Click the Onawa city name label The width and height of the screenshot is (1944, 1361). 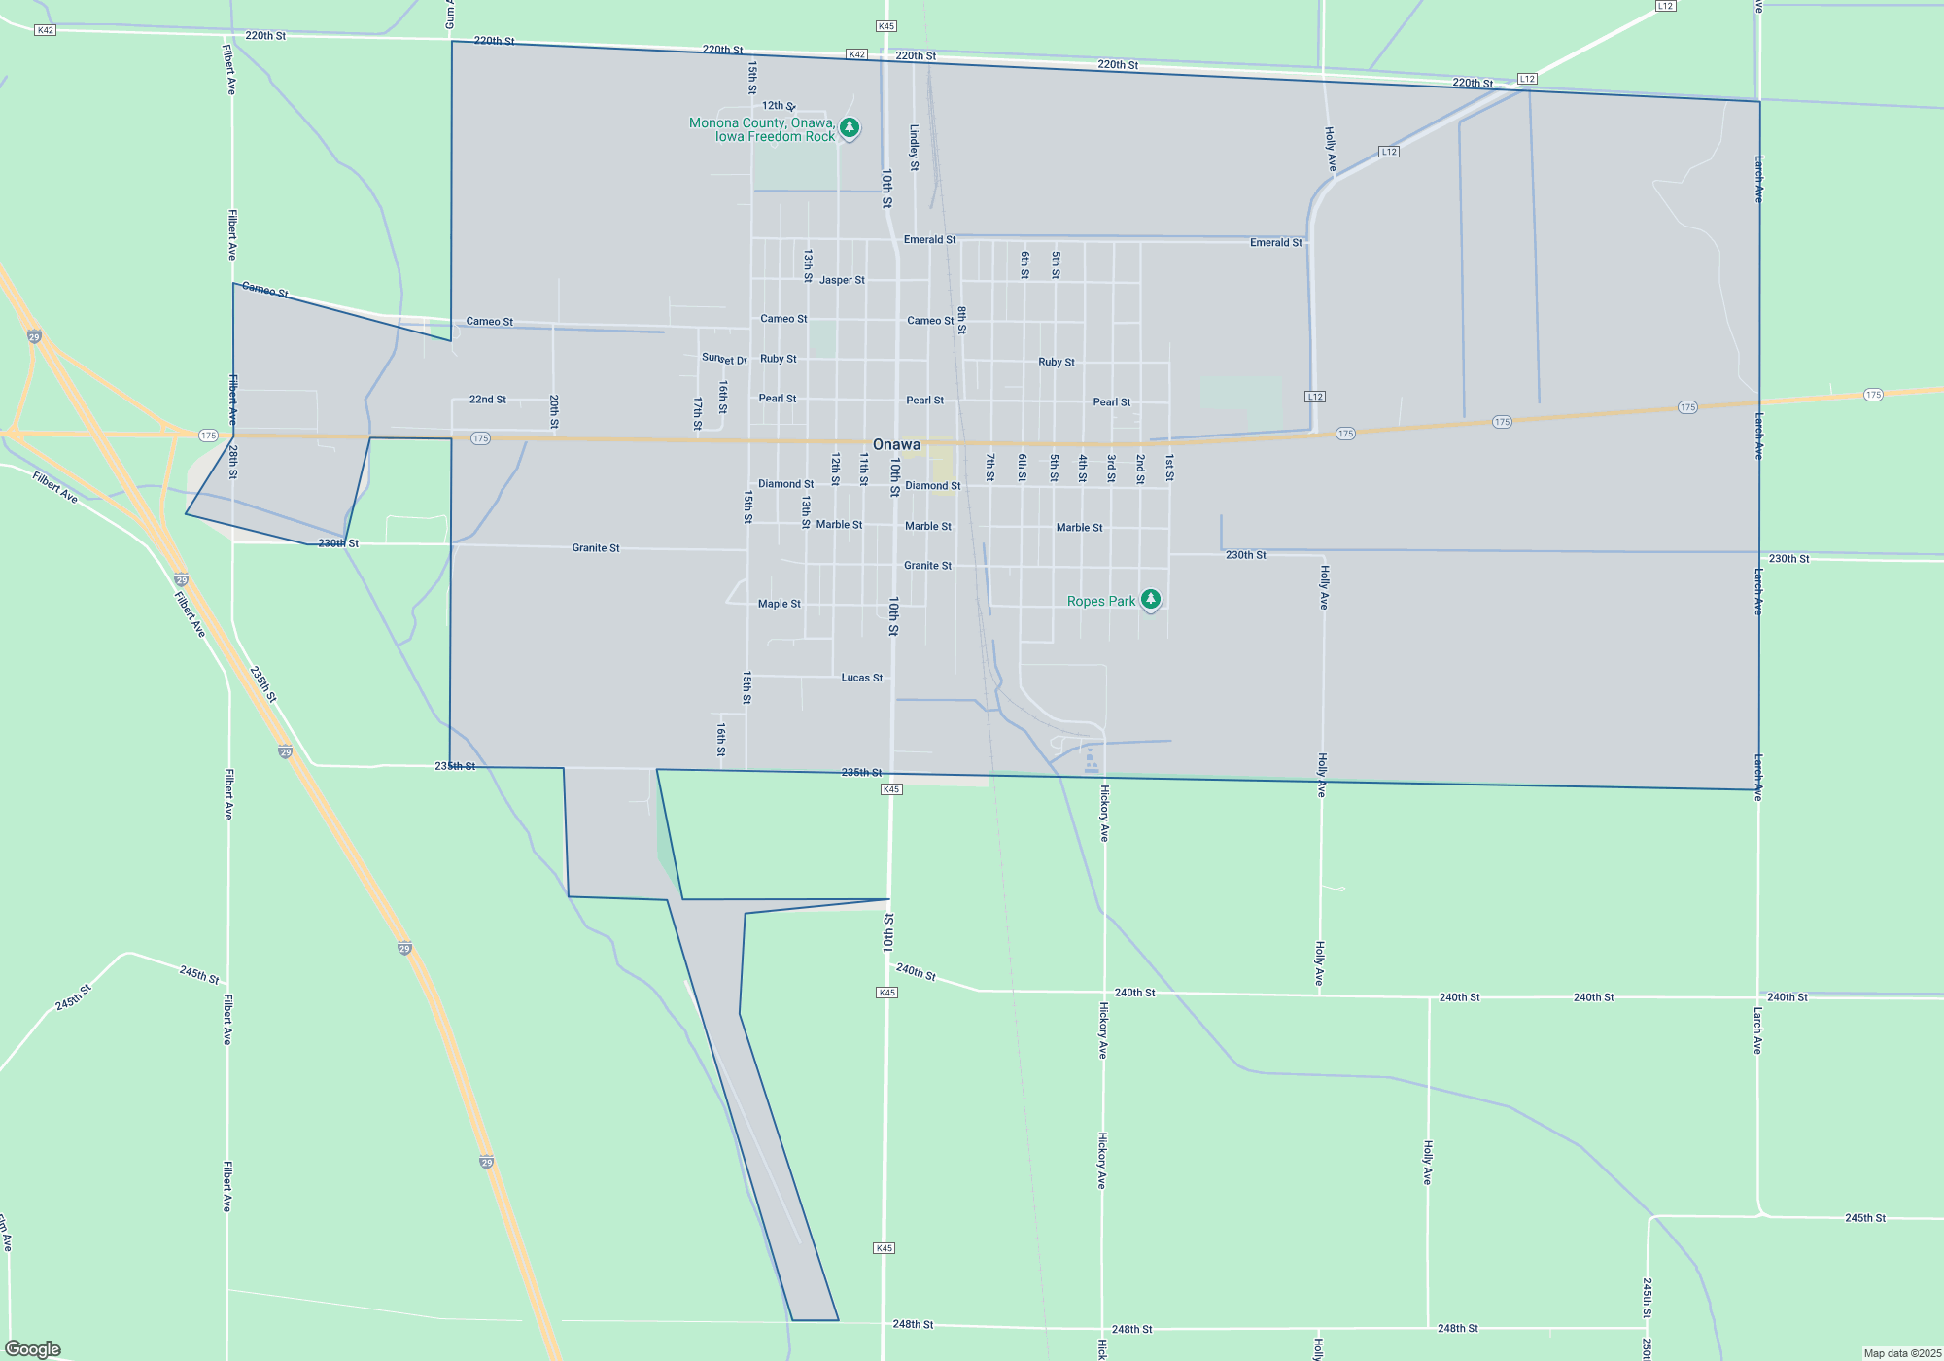(896, 444)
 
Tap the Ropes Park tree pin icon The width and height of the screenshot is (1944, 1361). (1151, 600)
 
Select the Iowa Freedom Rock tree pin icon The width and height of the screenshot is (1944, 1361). (850, 127)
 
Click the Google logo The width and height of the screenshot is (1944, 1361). (33, 1349)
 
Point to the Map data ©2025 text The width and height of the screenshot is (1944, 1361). (1901, 1353)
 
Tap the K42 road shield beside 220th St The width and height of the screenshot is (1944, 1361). (856, 54)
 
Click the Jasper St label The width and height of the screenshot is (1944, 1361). (842, 280)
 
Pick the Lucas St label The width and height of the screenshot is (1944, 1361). (862, 678)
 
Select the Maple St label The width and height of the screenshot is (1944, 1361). (780, 604)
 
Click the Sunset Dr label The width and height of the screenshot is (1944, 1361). (724, 360)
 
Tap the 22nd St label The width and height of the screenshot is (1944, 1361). (488, 400)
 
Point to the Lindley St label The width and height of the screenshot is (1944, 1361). (915, 148)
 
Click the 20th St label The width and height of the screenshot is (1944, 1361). (554, 411)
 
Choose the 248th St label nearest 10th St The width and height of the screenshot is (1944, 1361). (913, 1324)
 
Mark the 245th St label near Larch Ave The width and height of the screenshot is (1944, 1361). (1865, 1218)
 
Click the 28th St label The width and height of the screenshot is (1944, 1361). (233, 462)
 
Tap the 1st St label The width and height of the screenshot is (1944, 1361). (1169, 468)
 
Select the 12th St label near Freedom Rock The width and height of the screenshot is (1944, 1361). (779, 106)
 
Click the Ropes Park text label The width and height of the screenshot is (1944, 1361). (1101, 601)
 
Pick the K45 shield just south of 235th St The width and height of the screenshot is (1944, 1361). (891, 789)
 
